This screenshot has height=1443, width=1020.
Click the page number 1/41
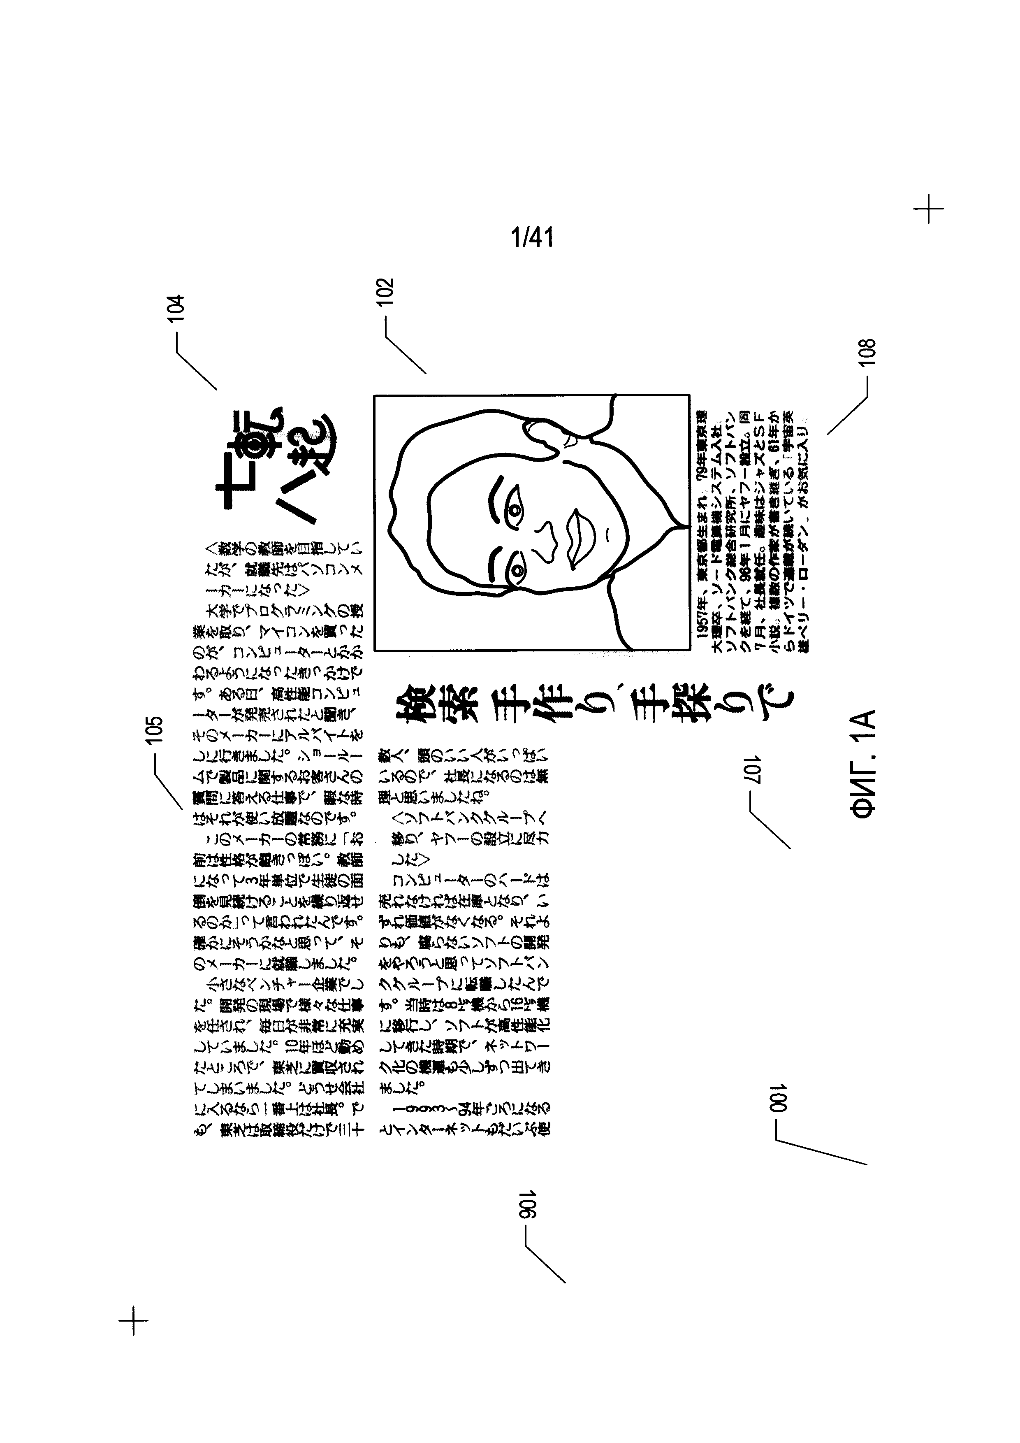[533, 238]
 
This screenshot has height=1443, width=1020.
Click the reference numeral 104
[176, 308]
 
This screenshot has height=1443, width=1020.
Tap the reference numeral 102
[385, 292]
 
